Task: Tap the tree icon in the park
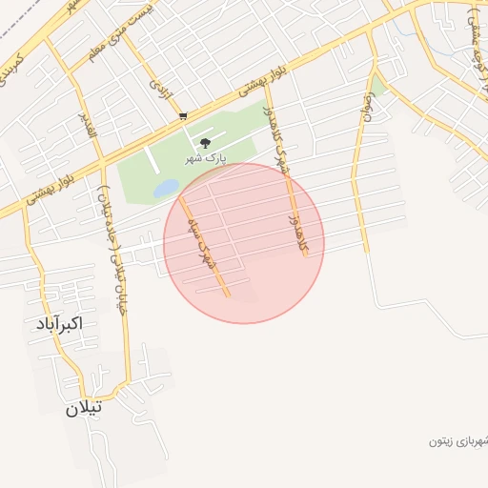205,144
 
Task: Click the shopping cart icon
182,116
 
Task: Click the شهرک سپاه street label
202,242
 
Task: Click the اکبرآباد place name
55,323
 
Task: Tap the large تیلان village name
83,409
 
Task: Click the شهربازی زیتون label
457,441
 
